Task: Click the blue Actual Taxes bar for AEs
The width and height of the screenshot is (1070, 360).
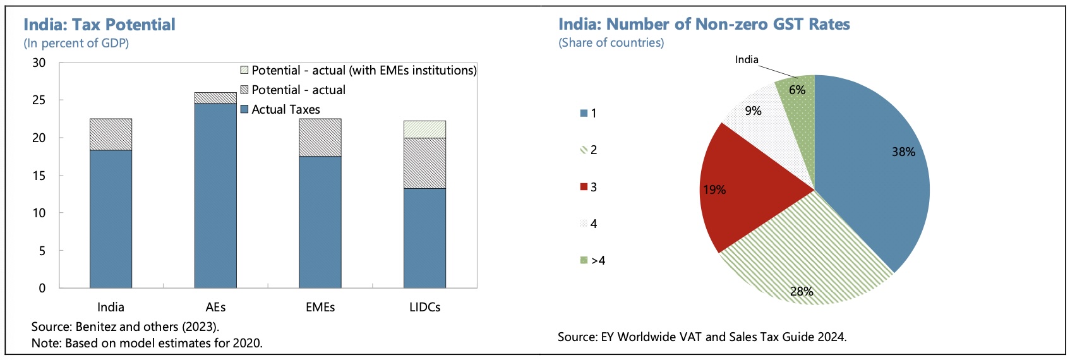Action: tap(215, 196)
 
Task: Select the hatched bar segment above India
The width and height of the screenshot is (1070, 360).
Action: tap(111, 135)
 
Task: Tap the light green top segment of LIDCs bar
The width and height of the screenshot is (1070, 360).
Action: tap(424, 129)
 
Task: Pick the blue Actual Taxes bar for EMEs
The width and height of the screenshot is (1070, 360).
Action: tap(320, 222)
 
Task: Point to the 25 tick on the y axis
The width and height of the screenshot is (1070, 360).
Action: tap(39, 100)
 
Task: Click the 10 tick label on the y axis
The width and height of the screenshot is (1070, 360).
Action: tap(39, 213)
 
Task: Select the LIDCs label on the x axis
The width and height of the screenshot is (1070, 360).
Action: tap(424, 308)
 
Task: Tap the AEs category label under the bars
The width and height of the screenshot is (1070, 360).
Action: tap(215, 308)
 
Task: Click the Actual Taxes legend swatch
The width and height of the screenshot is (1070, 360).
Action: tap(244, 109)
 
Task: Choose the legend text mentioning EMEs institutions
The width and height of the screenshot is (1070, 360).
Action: tap(364, 70)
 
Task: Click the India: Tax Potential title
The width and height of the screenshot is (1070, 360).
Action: tap(99, 25)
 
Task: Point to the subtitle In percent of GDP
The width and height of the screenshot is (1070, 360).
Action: tap(76, 43)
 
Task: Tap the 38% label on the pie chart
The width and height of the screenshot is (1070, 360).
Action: tap(903, 152)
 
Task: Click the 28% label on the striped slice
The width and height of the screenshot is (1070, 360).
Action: tap(802, 291)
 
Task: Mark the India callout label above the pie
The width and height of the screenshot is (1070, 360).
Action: tap(747, 59)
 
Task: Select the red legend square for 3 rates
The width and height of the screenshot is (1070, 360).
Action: tap(584, 187)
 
